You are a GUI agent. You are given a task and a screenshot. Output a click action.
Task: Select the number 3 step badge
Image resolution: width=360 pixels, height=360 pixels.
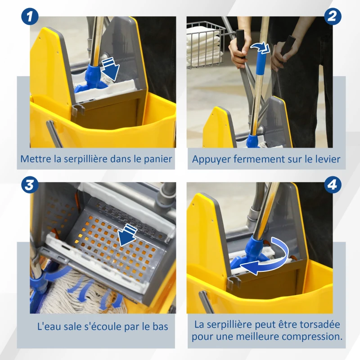click(30, 185)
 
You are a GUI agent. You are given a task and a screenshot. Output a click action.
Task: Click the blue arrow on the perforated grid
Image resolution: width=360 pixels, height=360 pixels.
click(128, 234)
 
